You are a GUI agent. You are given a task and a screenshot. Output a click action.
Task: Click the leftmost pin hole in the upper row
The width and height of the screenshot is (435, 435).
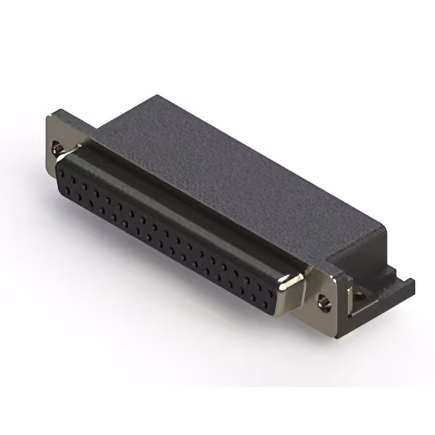[62, 171]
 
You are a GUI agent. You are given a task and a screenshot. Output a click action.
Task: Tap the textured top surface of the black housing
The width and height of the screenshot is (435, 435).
[224, 170]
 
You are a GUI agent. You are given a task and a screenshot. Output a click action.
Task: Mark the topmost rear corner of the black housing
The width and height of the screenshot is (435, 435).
[158, 95]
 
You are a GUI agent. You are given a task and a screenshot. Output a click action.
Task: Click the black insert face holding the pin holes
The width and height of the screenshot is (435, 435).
[170, 238]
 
